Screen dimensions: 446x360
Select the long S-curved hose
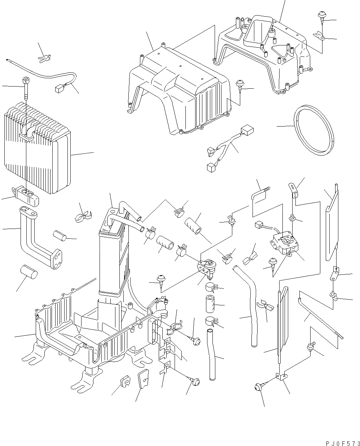pyautogui.click(x=249, y=303)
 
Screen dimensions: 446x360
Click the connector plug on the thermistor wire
pyautogui.click(x=59, y=88)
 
